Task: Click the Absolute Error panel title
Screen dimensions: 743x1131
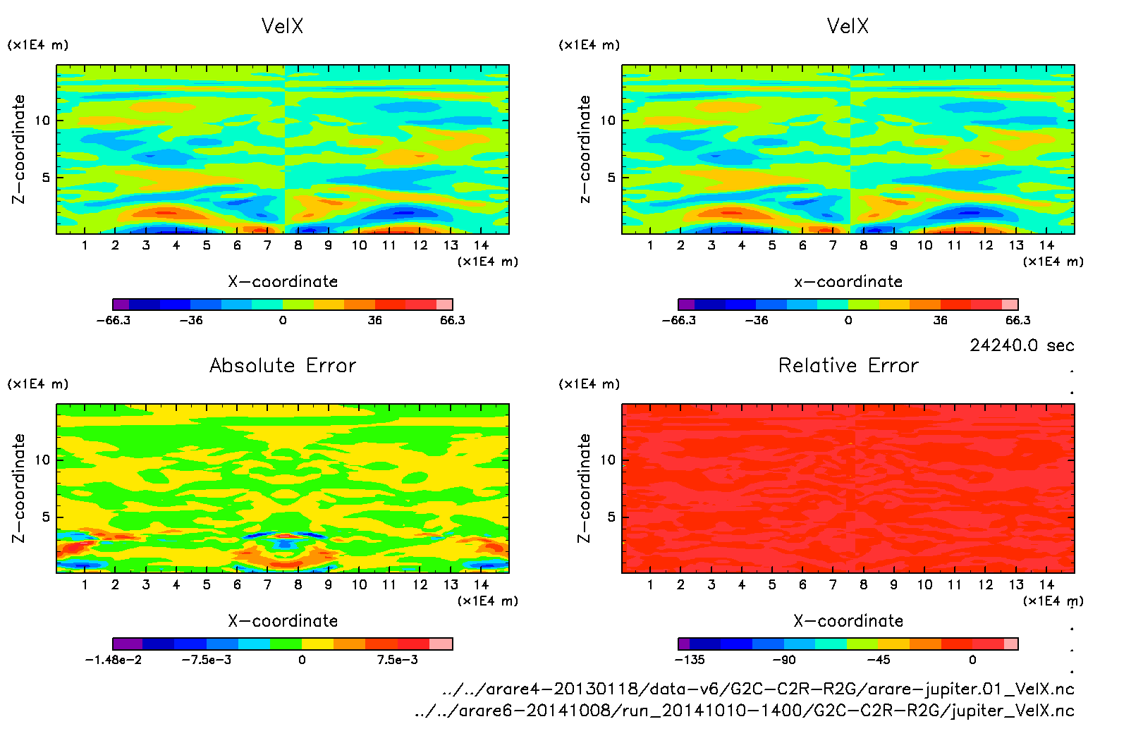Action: coord(283,366)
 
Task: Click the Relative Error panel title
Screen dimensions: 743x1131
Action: coord(848,366)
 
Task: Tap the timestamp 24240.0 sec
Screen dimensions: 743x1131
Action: coord(1022,345)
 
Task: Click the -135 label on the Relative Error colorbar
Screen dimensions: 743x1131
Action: coord(689,660)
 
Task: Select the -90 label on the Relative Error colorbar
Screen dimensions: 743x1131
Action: coord(783,660)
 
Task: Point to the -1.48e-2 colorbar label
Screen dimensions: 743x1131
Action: coord(113,660)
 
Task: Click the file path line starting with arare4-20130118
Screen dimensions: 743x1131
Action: coord(758,689)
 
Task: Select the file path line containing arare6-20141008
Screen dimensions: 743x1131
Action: coord(745,711)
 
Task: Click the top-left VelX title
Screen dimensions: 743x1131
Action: coord(282,27)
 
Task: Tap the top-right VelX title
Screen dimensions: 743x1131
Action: coord(848,27)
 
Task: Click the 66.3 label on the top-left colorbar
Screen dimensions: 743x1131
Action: coord(452,321)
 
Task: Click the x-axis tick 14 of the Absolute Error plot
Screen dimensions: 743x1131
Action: coord(481,584)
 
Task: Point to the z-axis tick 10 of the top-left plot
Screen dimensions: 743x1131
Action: coord(42,121)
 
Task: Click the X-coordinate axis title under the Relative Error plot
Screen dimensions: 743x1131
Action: coord(848,621)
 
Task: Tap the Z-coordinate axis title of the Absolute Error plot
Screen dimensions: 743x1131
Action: coord(19,488)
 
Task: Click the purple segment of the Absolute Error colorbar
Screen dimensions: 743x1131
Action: coord(128,644)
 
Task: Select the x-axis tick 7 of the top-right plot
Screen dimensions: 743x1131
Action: coord(833,245)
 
